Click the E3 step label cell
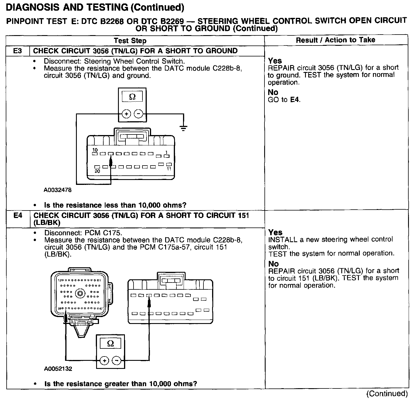(x=18, y=51)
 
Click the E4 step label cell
(x=18, y=216)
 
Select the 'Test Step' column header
(x=130, y=41)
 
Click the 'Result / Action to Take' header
(x=336, y=40)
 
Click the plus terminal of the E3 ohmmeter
(x=126, y=114)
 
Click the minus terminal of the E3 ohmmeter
(x=138, y=114)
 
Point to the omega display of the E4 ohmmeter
(x=110, y=344)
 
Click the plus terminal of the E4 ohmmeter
(x=104, y=361)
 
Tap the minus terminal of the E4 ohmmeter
(x=116, y=361)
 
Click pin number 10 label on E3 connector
(x=95, y=150)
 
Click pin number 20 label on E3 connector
(x=97, y=171)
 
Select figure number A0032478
(x=58, y=190)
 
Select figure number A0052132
(x=58, y=369)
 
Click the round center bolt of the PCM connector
(x=80, y=294)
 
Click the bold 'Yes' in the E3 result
(x=275, y=61)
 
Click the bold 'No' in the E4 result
(x=273, y=264)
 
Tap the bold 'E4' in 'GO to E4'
(x=295, y=100)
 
